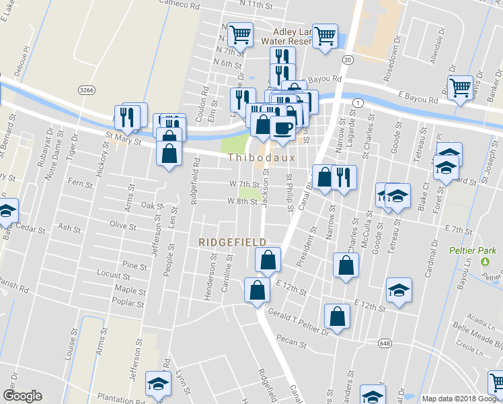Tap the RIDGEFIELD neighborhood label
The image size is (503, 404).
[232, 242]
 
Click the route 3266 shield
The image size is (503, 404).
[85, 90]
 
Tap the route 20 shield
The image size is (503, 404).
[347, 60]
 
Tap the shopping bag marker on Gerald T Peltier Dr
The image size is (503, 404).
[337, 316]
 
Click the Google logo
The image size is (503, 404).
[22, 396]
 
